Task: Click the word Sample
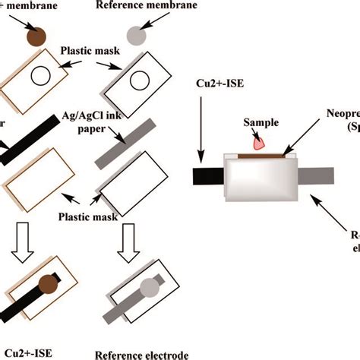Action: [x=258, y=122]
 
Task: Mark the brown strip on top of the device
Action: [x=262, y=154]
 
